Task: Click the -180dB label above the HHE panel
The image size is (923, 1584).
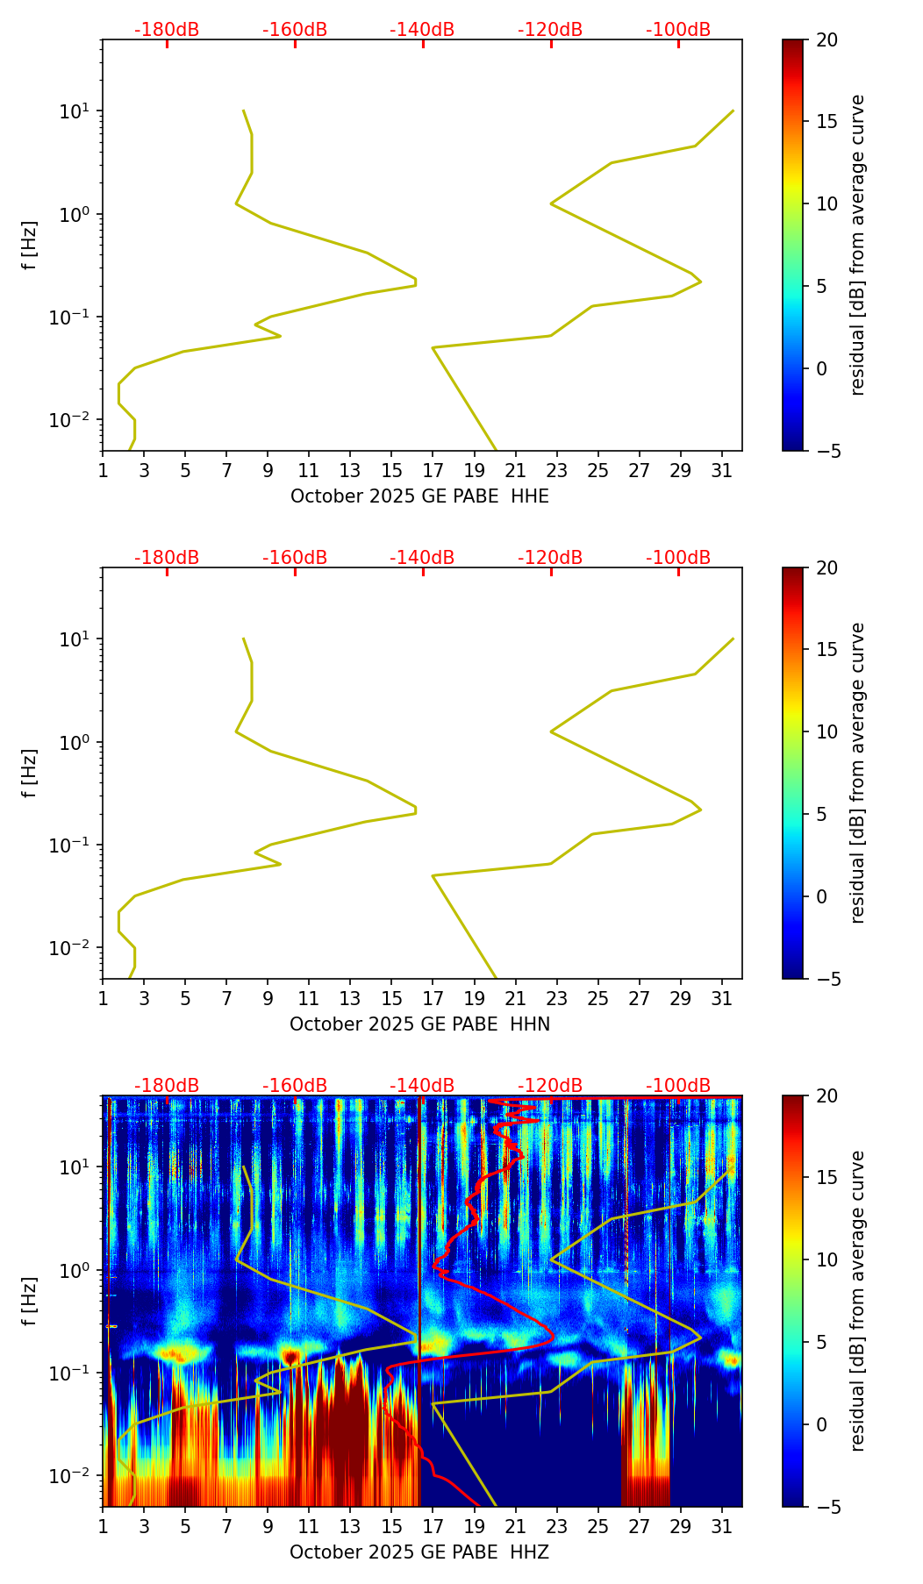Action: point(167,30)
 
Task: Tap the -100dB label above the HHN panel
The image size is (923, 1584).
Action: point(678,558)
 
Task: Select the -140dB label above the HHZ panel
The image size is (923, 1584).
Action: point(422,1086)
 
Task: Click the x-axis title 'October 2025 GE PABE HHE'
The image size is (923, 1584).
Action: point(419,496)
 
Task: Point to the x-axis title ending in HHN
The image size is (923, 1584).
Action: point(419,1024)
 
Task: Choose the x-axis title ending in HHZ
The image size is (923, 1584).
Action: point(419,1552)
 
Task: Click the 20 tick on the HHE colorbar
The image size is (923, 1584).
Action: point(826,40)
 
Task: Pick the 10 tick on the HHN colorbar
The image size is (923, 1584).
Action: point(826,731)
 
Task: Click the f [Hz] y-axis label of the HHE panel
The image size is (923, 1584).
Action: point(31,245)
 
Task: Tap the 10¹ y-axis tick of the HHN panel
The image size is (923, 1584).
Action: point(74,639)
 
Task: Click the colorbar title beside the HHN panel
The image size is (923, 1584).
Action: point(857,773)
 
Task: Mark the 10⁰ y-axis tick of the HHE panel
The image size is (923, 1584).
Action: point(74,215)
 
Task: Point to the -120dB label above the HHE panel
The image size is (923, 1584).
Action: point(550,30)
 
